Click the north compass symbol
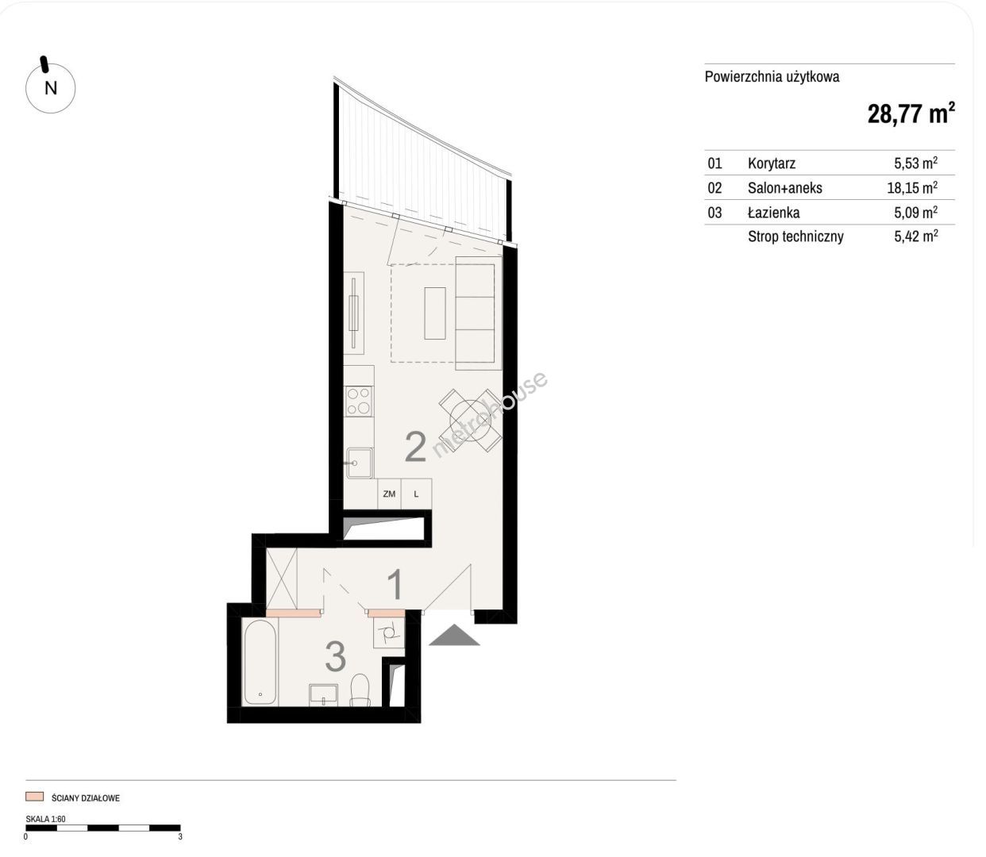pos(50,87)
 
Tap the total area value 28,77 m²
pos(911,113)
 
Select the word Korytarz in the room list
pos(772,163)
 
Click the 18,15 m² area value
pos(912,187)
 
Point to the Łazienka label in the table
pos(773,212)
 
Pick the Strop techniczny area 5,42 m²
pos(915,236)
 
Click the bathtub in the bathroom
pos(260,663)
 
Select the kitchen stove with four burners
pos(359,402)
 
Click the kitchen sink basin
pos(360,463)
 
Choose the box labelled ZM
pos(389,494)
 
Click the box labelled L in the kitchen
pos(416,494)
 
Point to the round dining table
pos(470,421)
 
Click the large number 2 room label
pos(416,447)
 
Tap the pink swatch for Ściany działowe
pos(35,797)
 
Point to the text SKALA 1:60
pos(46,818)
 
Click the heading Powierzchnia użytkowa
pos(772,77)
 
